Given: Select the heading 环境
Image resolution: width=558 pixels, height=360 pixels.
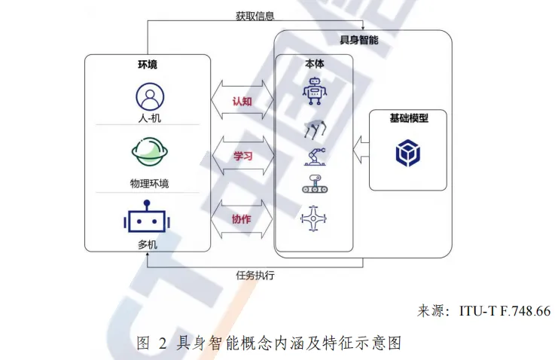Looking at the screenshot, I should (148, 65).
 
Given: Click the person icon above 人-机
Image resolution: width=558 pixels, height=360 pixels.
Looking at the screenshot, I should (149, 96).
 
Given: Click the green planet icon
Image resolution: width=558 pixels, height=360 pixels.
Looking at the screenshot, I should (149, 152).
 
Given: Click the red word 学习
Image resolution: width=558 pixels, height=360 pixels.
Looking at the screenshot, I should (242, 156).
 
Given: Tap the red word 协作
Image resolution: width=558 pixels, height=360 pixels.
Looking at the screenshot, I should (242, 219).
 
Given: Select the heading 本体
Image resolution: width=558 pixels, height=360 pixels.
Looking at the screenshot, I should (314, 65).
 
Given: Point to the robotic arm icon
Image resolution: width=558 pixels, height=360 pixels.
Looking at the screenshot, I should (316, 156).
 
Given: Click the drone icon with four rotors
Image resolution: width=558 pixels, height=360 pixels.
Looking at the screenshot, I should (314, 218).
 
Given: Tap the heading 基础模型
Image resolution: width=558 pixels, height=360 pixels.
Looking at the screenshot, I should (408, 119).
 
